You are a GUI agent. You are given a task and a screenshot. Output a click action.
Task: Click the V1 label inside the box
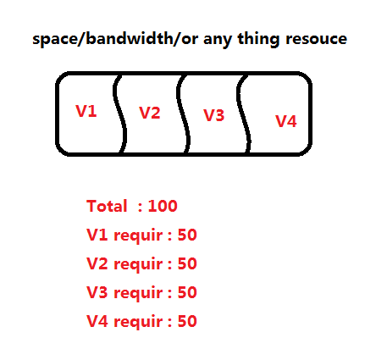click(86, 111)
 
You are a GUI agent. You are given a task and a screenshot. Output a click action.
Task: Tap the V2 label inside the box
click(150, 113)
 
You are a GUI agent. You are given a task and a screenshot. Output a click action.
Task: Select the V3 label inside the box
click(214, 115)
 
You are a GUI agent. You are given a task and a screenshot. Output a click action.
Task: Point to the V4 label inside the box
click(286, 121)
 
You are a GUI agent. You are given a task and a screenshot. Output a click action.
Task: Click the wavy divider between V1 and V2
click(119, 114)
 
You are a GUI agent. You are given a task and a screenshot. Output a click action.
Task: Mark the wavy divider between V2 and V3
click(183, 114)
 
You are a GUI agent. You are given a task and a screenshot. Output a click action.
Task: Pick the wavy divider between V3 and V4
click(244, 114)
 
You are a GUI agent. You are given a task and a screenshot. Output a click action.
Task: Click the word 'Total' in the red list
click(107, 206)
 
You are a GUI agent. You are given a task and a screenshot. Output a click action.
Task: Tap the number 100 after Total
click(163, 206)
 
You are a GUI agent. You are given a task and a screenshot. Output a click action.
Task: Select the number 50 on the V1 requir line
click(187, 235)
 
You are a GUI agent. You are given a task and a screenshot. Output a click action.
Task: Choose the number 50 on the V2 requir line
click(187, 263)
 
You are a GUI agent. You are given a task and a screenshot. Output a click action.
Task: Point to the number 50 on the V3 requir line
click(187, 292)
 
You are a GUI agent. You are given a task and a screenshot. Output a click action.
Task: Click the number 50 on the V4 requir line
click(187, 321)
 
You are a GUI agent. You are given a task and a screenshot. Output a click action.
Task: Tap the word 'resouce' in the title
click(316, 39)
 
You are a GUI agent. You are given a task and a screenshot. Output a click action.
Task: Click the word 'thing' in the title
click(258, 40)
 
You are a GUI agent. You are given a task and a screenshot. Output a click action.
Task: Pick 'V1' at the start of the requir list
click(97, 235)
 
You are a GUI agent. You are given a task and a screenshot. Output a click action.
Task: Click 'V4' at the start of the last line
click(97, 321)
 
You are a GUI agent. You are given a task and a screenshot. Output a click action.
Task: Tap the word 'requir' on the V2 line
click(138, 265)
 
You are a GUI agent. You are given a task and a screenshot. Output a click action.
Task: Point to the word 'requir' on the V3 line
click(138, 294)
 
